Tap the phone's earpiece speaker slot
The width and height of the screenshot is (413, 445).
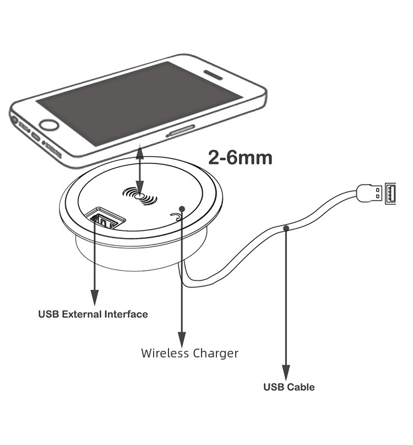pos(213,74)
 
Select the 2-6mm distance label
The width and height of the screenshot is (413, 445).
pos(240,158)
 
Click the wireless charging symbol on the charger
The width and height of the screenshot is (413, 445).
pos(140,196)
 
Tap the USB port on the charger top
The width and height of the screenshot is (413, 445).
pos(106,219)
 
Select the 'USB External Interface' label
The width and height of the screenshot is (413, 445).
pos(93,314)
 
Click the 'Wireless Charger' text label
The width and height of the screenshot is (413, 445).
pos(189,353)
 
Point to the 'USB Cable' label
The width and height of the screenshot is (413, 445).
pos(289,387)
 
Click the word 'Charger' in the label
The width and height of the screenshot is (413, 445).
pos(215,353)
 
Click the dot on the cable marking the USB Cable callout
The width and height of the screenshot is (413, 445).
pos(286,227)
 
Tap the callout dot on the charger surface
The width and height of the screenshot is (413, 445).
pos(181,209)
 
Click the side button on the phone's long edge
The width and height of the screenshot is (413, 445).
pos(181,132)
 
